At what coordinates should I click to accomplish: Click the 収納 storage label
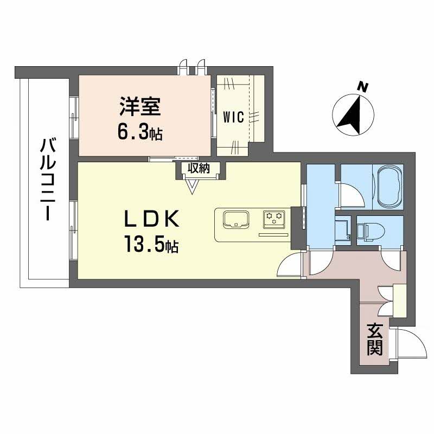click(x=198, y=169)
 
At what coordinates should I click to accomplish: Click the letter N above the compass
click(x=362, y=87)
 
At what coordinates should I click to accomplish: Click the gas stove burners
click(x=273, y=219)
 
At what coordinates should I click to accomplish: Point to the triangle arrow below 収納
click(x=192, y=186)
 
